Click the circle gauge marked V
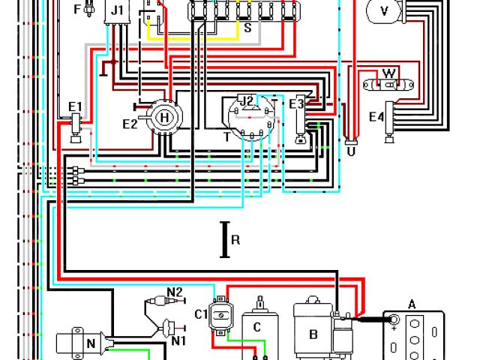point(385,10)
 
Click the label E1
point(75,106)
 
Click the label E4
point(376,116)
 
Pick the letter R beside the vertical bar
point(235,240)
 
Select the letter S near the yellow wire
point(247,28)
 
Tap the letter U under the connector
point(350,150)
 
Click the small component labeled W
point(388,73)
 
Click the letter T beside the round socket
point(226,136)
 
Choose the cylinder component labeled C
point(257,326)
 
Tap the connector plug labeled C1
point(220,316)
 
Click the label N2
point(175,292)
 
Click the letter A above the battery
point(411,304)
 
